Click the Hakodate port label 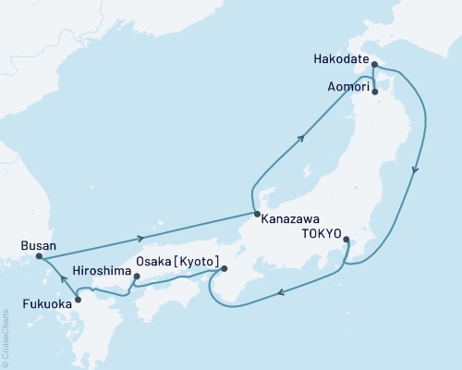pos(340,65)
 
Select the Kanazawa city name pos(291,221)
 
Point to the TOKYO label pos(320,234)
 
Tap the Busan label pos(38,246)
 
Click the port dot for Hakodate pos(374,65)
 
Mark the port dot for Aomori pos(375,92)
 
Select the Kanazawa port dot pos(255,215)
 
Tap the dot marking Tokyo pos(346,240)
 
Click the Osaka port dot pos(224,270)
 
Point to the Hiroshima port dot pos(136,276)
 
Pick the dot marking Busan pos(39,257)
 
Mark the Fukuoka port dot pos(78,299)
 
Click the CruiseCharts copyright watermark pos(6,339)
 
